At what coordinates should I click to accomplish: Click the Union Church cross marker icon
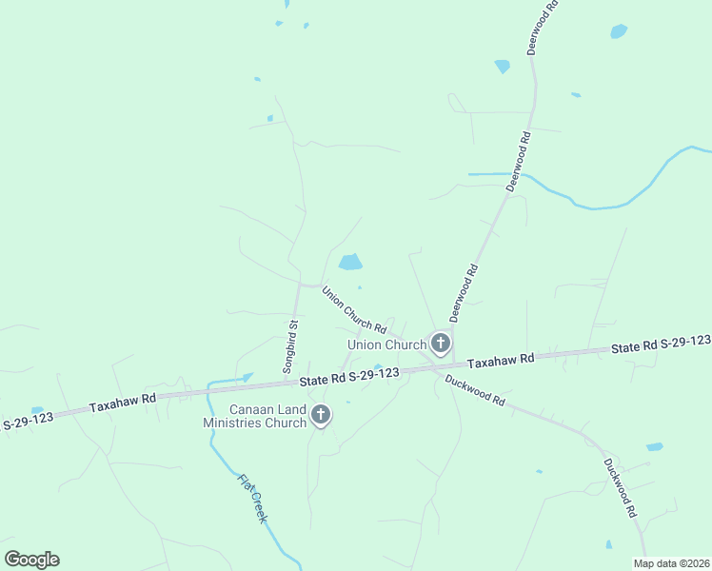pos(440,343)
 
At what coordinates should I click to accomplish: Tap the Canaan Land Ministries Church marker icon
pos(321,414)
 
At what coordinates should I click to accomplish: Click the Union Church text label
pos(386,345)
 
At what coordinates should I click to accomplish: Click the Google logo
pos(31,560)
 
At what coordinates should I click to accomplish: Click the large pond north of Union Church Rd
pos(350,262)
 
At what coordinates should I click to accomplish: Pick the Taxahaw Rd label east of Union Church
pos(502,360)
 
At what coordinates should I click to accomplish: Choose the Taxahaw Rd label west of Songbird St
pos(122,404)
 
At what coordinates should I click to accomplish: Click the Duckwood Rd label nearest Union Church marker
pos(474,389)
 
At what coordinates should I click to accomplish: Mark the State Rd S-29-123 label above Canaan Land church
pos(348,377)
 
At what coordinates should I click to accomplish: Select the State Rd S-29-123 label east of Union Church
pos(661,345)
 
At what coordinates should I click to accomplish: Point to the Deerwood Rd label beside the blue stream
pos(518,163)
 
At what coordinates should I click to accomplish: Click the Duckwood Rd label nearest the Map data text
pos(619,488)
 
